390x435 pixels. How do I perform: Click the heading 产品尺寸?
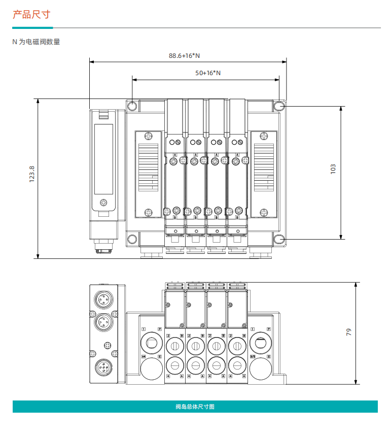[x=31, y=14]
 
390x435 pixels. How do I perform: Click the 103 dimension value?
[x=333, y=169]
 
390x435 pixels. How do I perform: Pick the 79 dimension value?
[x=348, y=332]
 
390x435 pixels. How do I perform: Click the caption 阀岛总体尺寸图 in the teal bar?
[x=195, y=407]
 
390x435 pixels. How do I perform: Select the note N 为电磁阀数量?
[x=36, y=42]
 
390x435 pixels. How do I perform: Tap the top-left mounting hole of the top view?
[x=132, y=106]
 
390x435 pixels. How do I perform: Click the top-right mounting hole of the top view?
[x=279, y=106]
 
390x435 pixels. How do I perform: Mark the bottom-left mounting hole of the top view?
[x=132, y=239]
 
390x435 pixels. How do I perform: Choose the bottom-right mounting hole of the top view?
[x=279, y=239]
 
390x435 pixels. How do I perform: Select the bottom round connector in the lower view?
[x=103, y=368]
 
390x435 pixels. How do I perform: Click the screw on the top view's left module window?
[x=104, y=203]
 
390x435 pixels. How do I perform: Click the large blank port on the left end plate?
[x=151, y=370]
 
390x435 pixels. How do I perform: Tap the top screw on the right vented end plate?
[x=263, y=136]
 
